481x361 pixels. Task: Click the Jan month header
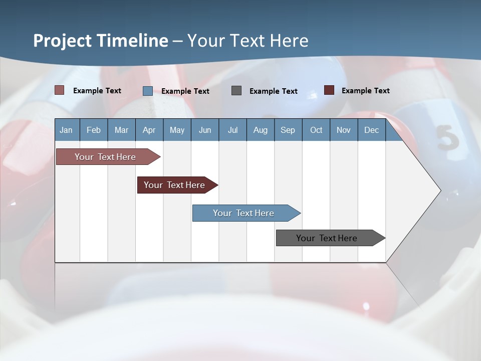(66, 130)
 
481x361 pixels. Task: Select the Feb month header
(94, 130)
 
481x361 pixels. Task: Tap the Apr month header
(149, 130)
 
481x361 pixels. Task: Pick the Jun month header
(204, 130)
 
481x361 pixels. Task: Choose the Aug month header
(260, 130)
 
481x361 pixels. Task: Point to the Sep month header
(288, 130)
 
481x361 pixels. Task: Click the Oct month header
(316, 130)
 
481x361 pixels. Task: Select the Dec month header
(371, 130)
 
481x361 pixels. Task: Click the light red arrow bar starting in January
(105, 157)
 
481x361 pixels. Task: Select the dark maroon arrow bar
(174, 185)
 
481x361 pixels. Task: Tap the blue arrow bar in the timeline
(244, 213)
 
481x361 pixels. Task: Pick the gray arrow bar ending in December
(327, 238)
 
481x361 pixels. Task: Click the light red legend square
(59, 90)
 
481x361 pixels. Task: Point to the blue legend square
(147, 91)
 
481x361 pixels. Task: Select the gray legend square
(236, 90)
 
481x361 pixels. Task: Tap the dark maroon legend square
(329, 90)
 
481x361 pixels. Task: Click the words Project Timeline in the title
(100, 41)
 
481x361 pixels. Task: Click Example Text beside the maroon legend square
(365, 91)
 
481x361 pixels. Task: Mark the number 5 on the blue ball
(447, 138)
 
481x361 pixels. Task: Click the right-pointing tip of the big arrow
(439, 190)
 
